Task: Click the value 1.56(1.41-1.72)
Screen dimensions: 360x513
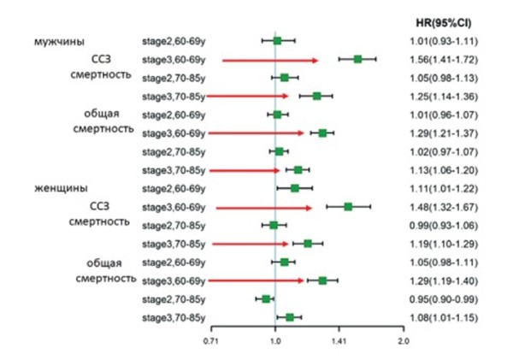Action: (x=442, y=59)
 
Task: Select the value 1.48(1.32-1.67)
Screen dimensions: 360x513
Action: (x=442, y=207)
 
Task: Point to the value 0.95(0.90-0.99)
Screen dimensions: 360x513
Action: (x=442, y=299)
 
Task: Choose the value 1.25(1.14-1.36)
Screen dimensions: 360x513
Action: (x=442, y=96)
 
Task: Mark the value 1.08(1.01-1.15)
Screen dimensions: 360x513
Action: (x=442, y=318)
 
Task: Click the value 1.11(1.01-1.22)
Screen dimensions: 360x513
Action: (x=442, y=188)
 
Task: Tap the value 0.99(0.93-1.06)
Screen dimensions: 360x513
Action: (x=442, y=226)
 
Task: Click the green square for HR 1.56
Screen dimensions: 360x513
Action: (x=357, y=59)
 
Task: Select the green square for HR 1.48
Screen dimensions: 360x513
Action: (x=348, y=207)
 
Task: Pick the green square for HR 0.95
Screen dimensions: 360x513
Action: (x=266, y=298)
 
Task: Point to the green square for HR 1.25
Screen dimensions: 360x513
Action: (x=316, y=96)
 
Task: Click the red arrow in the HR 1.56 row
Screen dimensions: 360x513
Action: (x=269, y=60)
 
